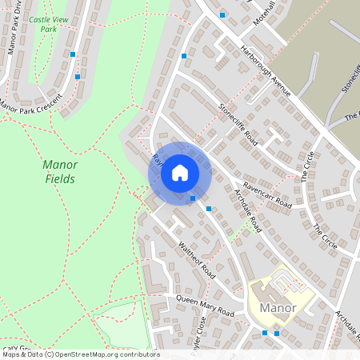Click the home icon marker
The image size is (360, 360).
[x=180, y=172]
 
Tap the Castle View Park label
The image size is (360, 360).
[x=45, y=23]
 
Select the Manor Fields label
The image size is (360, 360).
[x=58, y=172]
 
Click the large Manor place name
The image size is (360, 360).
[x=278, y=308]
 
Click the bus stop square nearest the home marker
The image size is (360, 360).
[x=193, y=198]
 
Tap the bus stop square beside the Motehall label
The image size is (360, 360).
[x=222, y=15]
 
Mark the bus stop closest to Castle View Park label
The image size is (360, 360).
[x=73, y=54]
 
